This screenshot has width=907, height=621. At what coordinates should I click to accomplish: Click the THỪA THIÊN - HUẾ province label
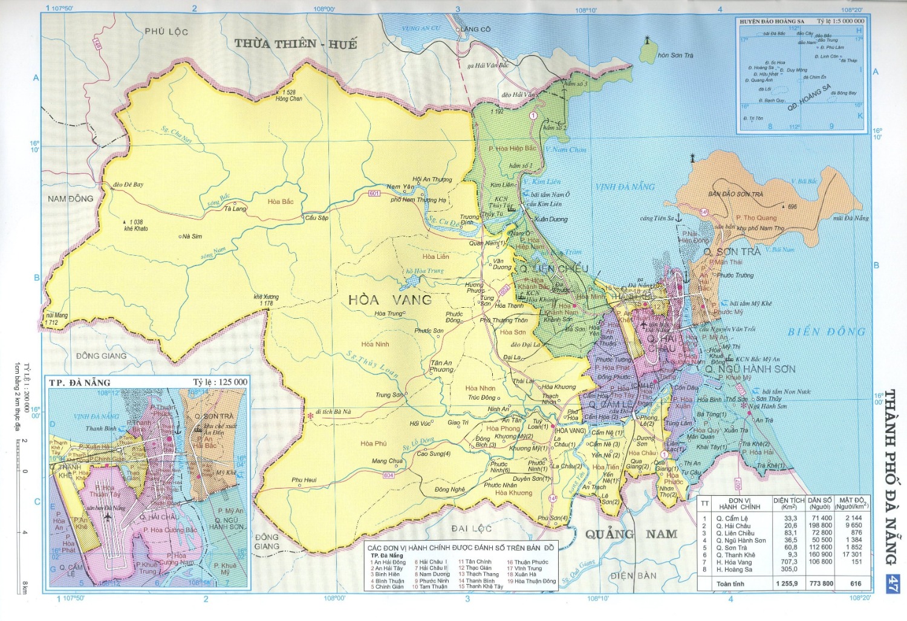click(296, 44)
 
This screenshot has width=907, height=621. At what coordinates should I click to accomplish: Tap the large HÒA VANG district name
click(390, 299)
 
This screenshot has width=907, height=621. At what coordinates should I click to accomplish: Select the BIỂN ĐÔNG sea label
click(827, 332)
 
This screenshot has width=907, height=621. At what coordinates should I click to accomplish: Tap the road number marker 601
click(374, 193)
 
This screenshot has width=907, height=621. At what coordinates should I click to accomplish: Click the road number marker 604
click(388, 476)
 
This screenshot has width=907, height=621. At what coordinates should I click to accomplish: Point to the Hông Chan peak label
click(288, 99)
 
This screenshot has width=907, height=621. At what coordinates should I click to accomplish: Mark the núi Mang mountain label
click(57, 316)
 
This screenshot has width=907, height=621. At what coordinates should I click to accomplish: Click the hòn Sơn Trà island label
click(675, 56)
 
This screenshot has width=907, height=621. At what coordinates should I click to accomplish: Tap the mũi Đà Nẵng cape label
click(850, 218)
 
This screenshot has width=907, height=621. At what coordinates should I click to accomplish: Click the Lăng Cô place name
click(476, 29)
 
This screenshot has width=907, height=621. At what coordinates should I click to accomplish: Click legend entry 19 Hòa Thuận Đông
click(532, 582)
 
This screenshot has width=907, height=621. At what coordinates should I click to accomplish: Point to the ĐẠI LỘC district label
click(471, 528)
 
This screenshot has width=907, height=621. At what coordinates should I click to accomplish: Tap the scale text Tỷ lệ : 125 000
click(221, 382)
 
